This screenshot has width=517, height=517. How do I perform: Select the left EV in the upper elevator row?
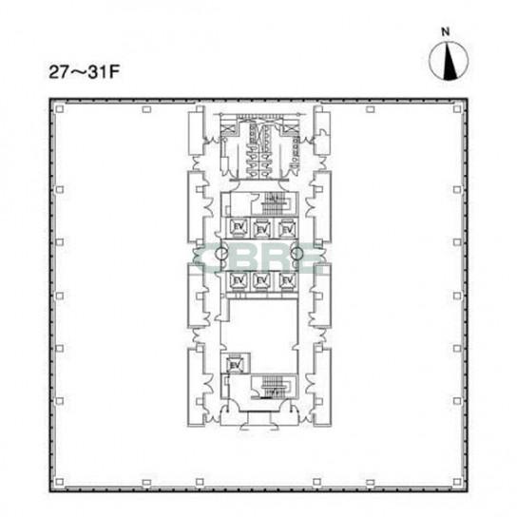[x=236, y=226]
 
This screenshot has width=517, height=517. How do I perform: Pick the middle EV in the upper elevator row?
[x=258, y=226]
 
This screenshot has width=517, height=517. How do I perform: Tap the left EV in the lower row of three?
[x=236, y=280]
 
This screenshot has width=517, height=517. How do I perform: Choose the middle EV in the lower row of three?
[x=258, y=280]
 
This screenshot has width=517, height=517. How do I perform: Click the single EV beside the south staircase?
[x=235, y=363]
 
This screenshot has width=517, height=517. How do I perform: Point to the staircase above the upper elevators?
[x=276, y=202]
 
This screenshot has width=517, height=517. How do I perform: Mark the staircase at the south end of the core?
[x=274, y=386]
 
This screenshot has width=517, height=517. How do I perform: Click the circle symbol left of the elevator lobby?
[x=218, y=253]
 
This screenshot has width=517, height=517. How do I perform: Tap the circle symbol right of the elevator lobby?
[x=297, y=253]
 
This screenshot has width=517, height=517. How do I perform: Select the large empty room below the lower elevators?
[x=258, y=323]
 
